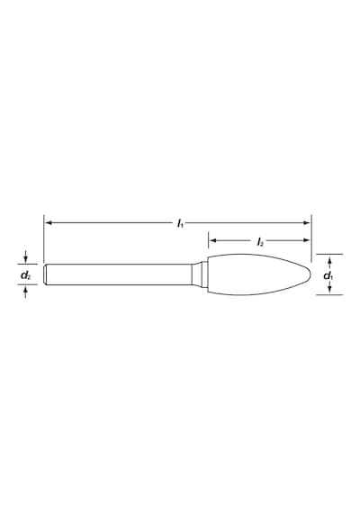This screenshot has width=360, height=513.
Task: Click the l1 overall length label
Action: pyautogui.click(x=180, y=224)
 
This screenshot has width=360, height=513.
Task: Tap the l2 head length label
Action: pyautogui.click(x=260, y=242)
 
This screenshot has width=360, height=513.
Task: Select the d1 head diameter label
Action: pyautogui.click(x=328, y=276)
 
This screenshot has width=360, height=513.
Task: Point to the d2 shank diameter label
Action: pyautogui.click(x=26, y=275)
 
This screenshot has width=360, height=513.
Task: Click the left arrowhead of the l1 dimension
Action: pyautogui.click(x=49, y=223)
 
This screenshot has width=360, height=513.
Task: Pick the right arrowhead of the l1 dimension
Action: pyautogui.click(x=306, y=223)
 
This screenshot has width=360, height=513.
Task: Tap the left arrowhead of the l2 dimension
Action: pyautogui.click(x=213, y=240)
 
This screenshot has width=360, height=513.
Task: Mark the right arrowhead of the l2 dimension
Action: pyautogui.click(x=306, y=240)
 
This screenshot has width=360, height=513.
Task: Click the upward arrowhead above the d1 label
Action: pyautogui.click(x=330, y=261)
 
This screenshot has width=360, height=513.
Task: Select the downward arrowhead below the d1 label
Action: pyautogui.click(x=330, y=288)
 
